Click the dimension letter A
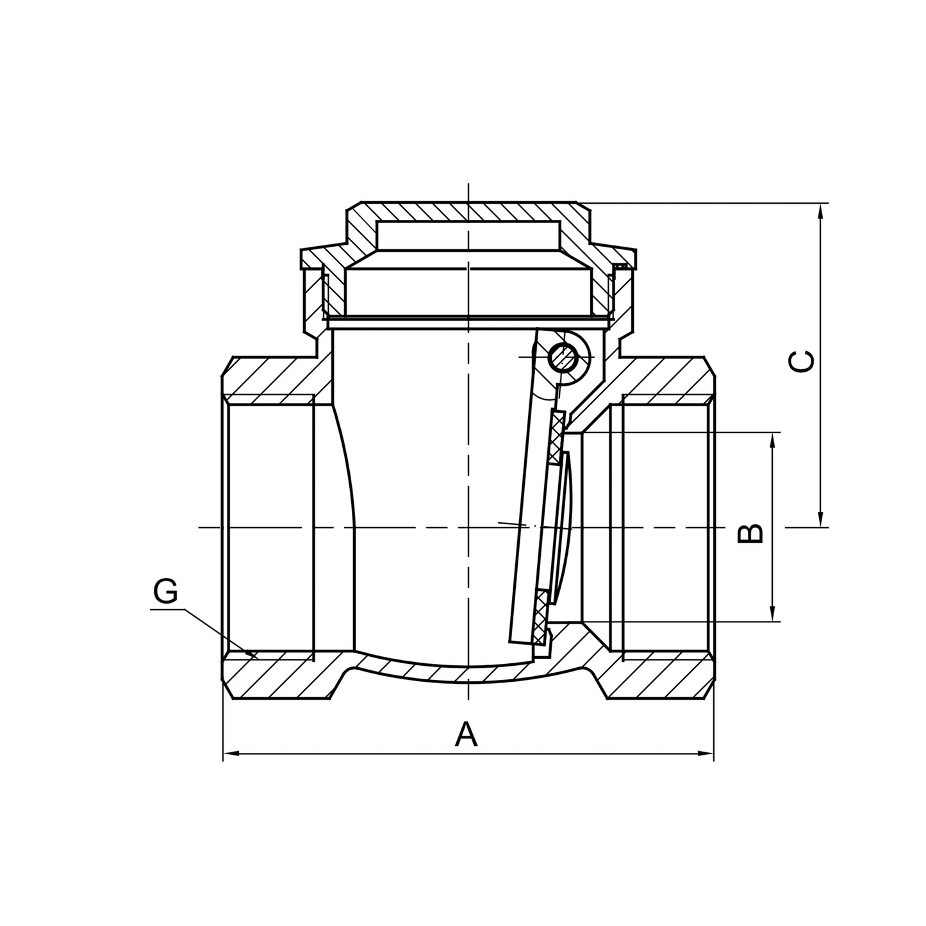click(466, 734)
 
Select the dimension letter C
click(802, 361)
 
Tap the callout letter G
click(165, 591)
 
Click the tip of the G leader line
click(256, 657)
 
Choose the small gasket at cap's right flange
click(620, 265)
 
